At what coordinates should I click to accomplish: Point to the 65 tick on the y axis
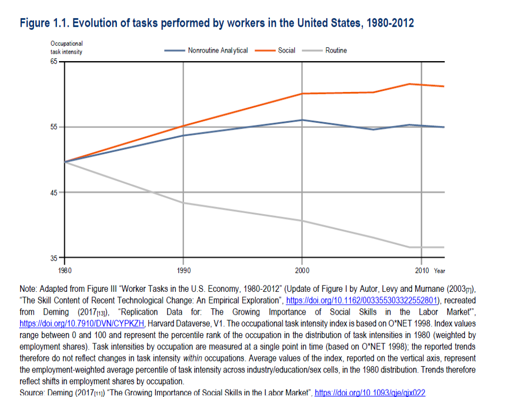(x=54, y=62)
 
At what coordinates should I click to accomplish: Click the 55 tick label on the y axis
(x=54, y=127)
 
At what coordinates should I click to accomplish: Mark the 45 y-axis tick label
(x=54, y=192)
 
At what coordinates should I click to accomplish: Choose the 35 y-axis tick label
(x=54, y=258)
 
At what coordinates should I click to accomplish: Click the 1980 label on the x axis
(x=64, y=271)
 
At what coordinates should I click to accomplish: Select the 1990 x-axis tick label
(x=183, y=271)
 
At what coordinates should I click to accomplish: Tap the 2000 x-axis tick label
(x=302, y=271)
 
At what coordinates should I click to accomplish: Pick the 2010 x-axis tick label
(x=422, y=271)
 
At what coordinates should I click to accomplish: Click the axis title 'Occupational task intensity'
(x=66, y=47)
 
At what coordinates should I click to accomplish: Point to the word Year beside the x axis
(x=439, y=271)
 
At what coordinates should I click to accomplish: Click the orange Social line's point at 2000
(x=302, y=94)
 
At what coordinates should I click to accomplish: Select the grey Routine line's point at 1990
(x=183, y=203)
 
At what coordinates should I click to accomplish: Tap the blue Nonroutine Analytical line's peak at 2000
(x=302, y=120)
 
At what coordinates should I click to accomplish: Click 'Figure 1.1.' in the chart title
(x=43, y=23)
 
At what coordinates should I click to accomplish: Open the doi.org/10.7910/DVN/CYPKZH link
(x=82, y=323)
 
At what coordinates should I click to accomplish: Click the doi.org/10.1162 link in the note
(x=361, y=300)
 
